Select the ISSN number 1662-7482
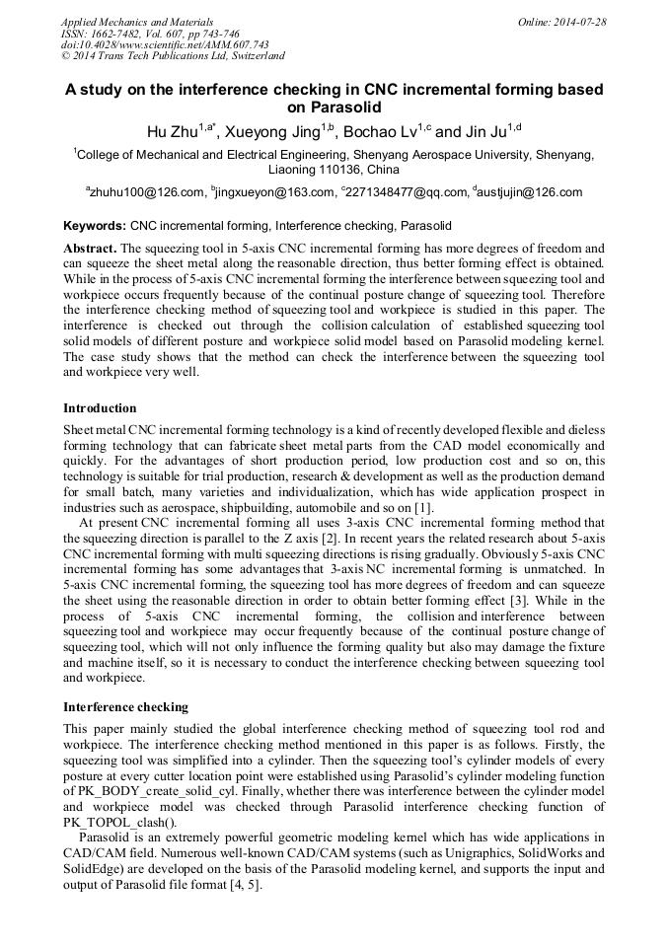click(x=121, y=34)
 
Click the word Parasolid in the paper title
click(x=334, y=108)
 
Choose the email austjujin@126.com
click(x=530, y=192)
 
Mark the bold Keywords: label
click(x=95, y=226)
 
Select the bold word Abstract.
click(x=89, y=249)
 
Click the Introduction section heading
click(x=100, y=408)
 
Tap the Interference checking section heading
click(x=125, y=707)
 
